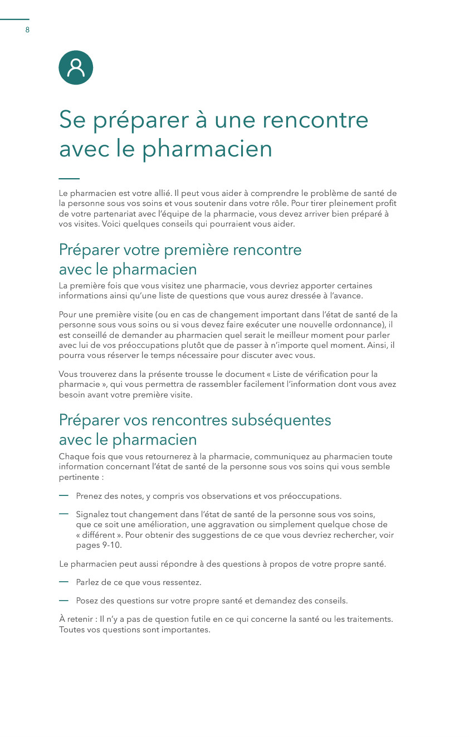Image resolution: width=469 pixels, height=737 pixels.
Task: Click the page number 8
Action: (x=27, y=30)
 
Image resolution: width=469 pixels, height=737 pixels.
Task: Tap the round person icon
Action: (x=76, y=67)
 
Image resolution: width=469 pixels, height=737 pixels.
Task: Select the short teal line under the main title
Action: (x=69, y=179)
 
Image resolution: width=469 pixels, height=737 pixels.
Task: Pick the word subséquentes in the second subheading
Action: (x=279, y=420)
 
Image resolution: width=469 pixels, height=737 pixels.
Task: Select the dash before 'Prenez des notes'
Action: (x=63, y=495)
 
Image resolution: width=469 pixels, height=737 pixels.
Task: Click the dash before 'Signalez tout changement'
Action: (x=63, y=514)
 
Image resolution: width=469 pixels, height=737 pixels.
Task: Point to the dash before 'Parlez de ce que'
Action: (x=63, y=582)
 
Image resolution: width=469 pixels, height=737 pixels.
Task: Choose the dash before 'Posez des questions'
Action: (x=63, y=600)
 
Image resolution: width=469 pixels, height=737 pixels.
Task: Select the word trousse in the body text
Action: (x=206, y=374)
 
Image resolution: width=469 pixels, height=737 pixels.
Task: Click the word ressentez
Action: (x=182, y=582)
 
